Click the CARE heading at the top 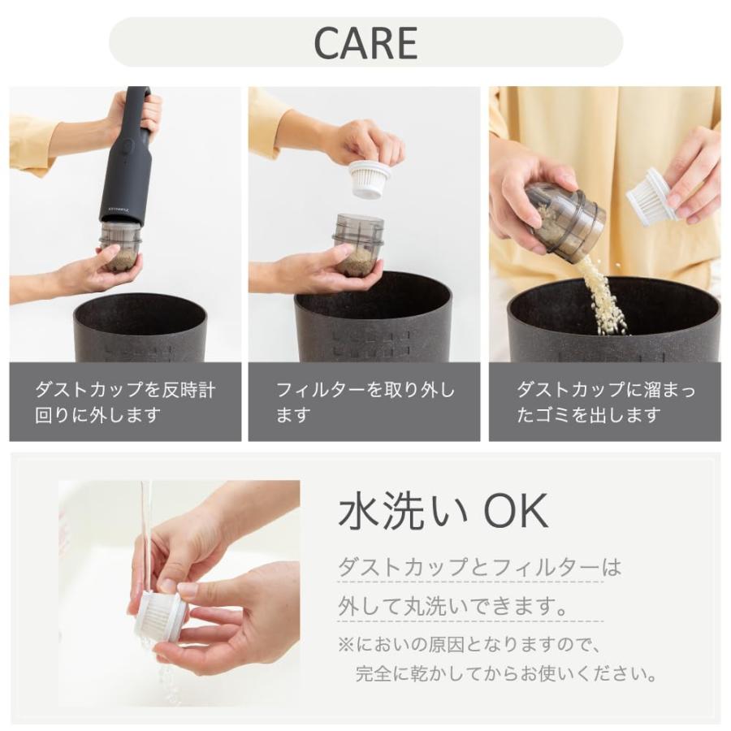pyautogui.click(x=365, y=43)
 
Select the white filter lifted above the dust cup pyautogui.click(x=370, y=178)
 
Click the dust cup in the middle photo pyautogui.click(x=358, y=244)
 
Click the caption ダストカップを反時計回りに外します pyautogui.click(x=125, y=402)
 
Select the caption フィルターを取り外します pyautogui.click(x=365, y=402)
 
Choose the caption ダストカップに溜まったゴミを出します pyautogui.click(x=605, y=402)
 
